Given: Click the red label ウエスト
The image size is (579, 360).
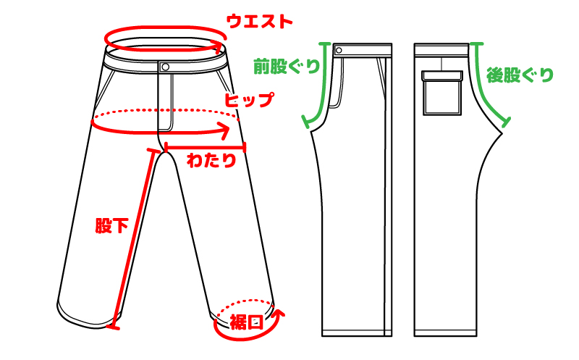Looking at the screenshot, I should point(259,20).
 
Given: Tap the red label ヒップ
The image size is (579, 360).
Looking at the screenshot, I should point(248,100).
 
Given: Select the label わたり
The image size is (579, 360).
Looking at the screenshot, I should point(211,161).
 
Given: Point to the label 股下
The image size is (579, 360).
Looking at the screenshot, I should point(111,225).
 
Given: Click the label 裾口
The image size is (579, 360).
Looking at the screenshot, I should point(246,322).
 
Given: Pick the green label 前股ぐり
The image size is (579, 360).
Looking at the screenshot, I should point(286,67).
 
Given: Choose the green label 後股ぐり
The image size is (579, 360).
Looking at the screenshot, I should point(520,74).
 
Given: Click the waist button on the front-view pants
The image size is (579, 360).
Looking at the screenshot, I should point(165,67).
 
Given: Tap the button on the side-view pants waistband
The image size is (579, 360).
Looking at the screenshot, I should point(338,50).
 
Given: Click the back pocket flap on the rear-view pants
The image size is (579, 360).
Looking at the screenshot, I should point(441,73).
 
